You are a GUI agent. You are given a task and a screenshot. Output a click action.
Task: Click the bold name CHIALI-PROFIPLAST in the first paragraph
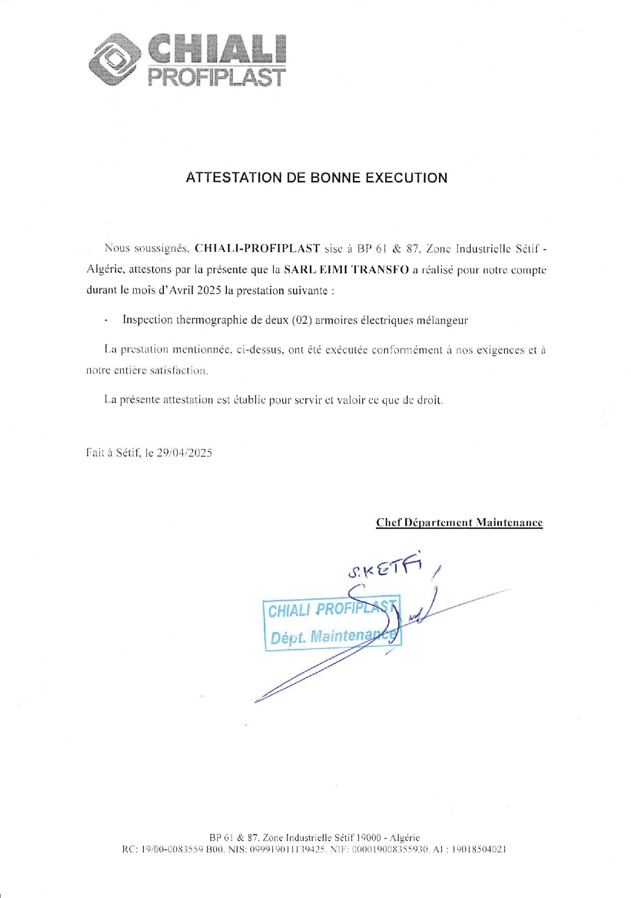(258, 249)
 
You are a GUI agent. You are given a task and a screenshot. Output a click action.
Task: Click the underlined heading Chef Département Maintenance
(459, 522)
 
